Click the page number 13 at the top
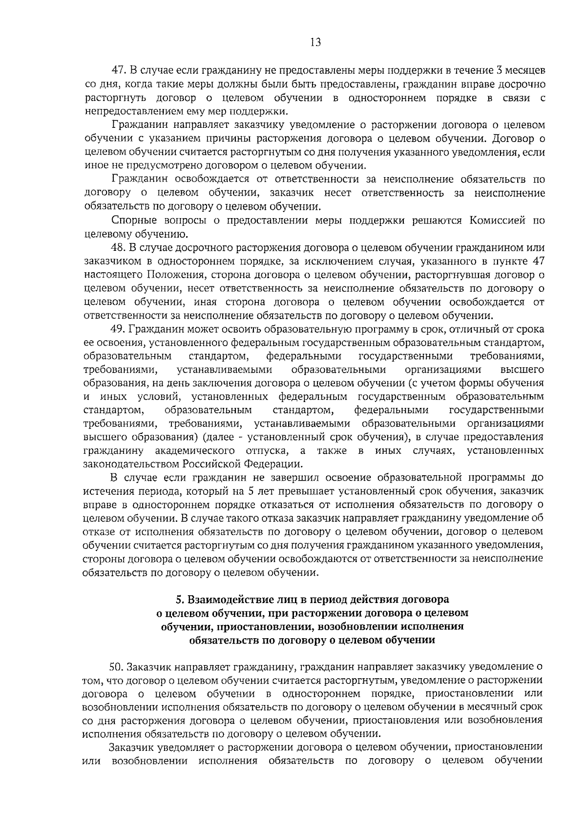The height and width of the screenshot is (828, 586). coord(315,42)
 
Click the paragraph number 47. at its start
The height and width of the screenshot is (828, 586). coord(119,71)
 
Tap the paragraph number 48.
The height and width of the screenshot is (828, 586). coord(119,248)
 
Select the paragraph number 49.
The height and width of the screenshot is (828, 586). coord(119,329)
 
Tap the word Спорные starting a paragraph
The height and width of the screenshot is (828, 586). coord(130,221)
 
